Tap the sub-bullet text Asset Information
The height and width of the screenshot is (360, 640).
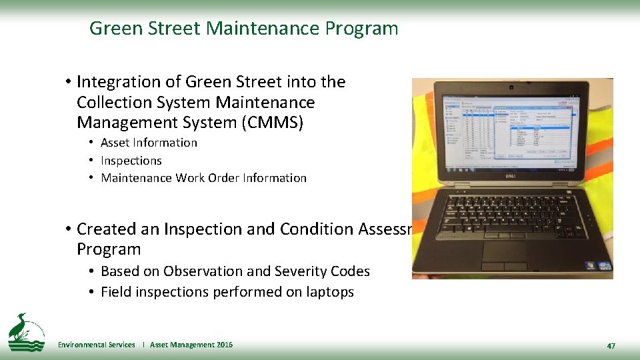[149, 143]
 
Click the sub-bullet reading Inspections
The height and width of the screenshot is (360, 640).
[131, 161]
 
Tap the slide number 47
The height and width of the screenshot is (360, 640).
[611, 346]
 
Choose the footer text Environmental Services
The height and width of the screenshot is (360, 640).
[96, 345]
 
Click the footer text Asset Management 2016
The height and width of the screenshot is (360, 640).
[191, 345]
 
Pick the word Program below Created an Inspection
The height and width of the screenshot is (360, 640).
[109, 249]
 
